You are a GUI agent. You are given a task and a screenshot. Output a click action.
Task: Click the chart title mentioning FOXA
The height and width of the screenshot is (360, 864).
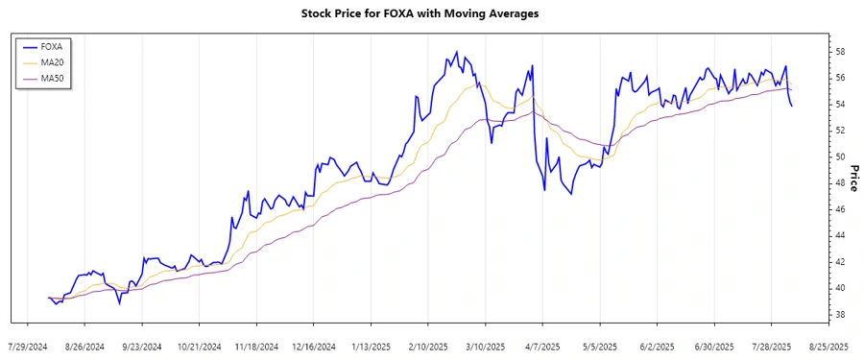(431, 13)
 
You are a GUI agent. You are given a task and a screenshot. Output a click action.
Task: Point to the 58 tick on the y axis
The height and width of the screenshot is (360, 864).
(839, 51)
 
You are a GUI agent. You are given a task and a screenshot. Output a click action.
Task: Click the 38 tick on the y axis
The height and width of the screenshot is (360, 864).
(839, 314)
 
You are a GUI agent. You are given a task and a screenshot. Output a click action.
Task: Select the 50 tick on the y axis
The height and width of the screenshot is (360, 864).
(839, 156)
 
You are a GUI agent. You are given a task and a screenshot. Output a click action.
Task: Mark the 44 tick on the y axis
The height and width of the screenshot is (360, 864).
(839, 235)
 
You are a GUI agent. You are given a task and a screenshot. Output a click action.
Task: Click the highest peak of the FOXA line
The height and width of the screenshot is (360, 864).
(456, 52)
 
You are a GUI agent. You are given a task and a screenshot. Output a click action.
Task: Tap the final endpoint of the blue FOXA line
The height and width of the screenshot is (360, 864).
(791, 106)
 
